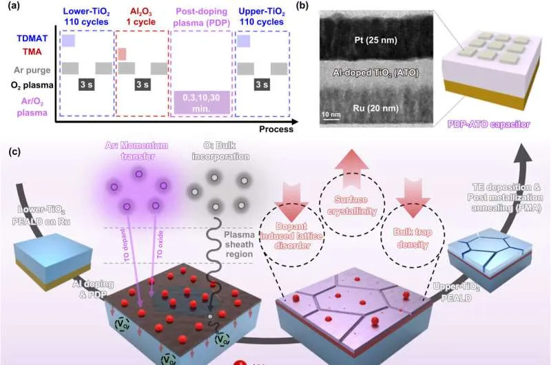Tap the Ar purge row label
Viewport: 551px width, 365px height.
tap(26, 70)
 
